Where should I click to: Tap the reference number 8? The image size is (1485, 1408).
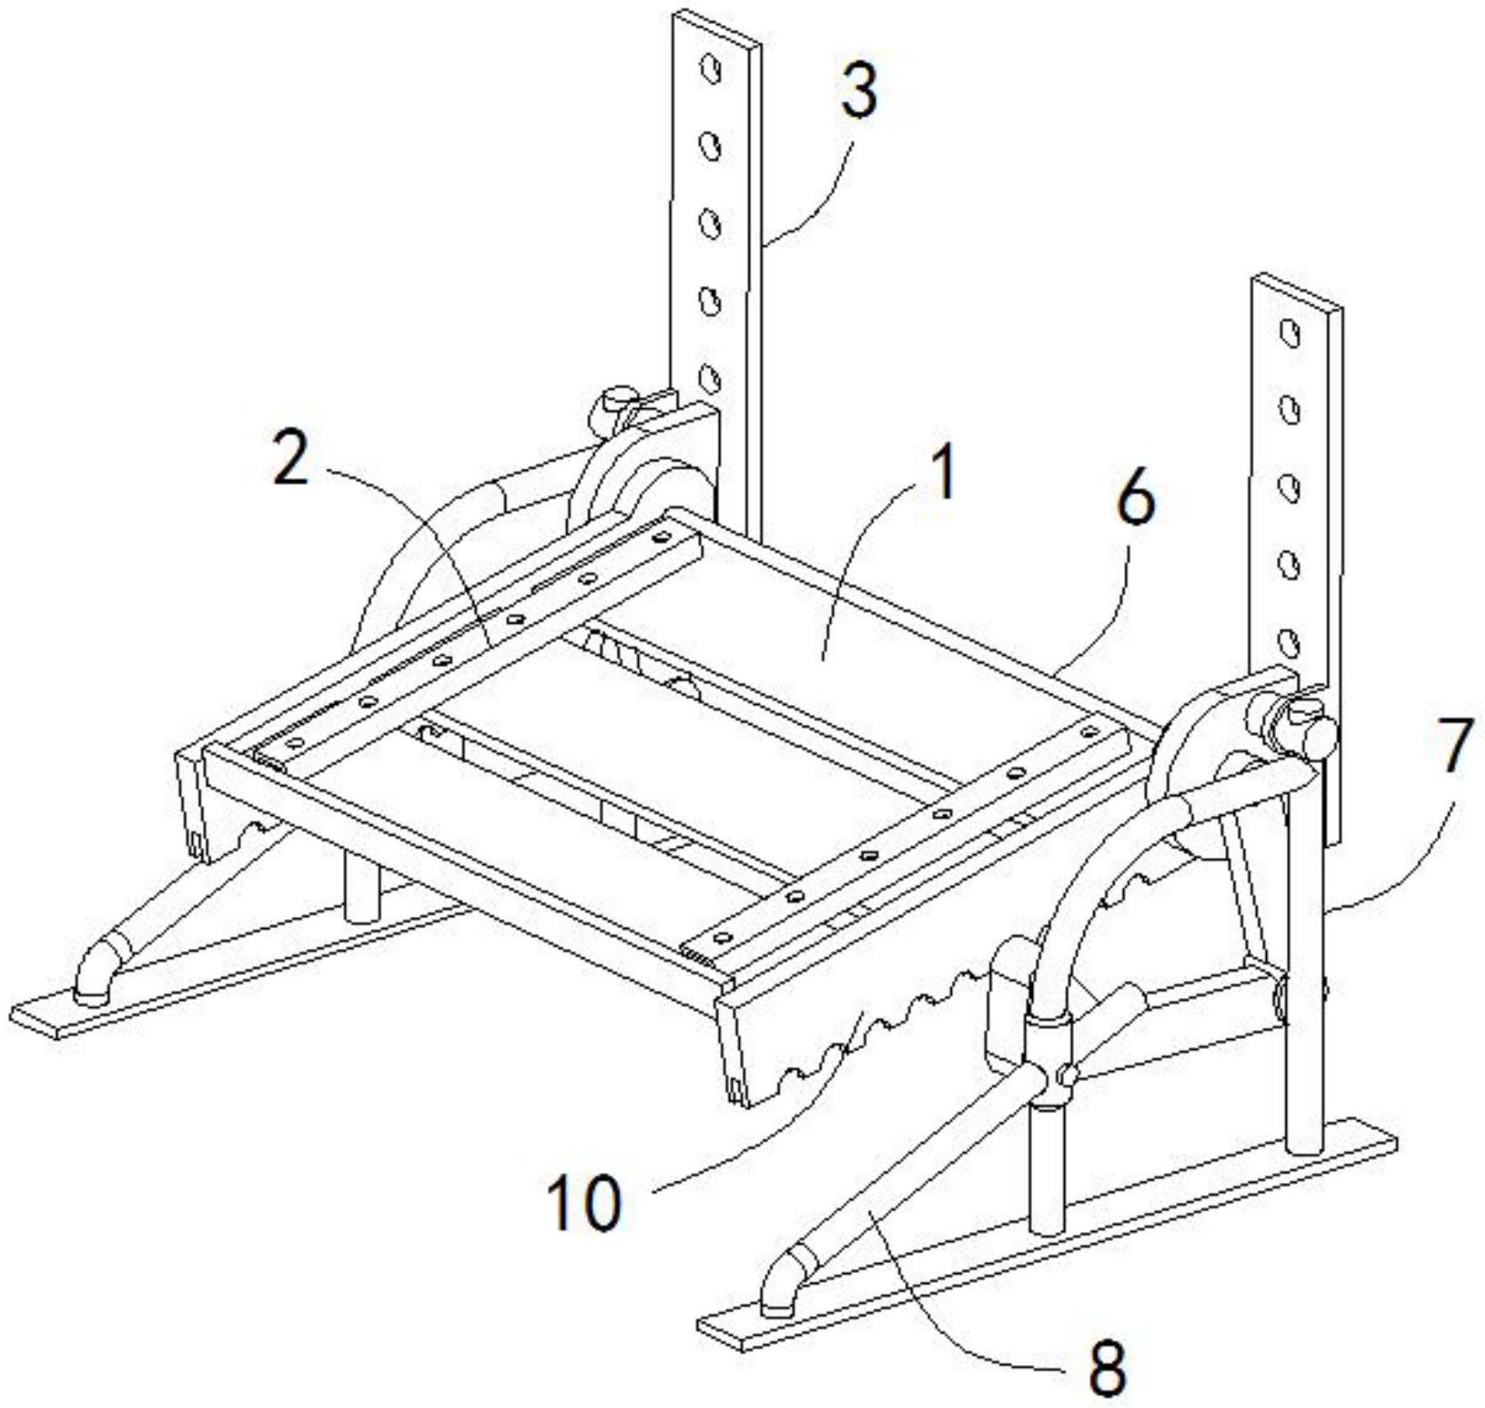(x=1108, y=1367)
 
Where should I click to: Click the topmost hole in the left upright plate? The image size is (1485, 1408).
(x=711, y=69)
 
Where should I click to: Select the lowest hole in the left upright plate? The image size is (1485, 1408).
(x=710, y=378)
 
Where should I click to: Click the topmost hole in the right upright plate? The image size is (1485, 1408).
(x=1289, y=333)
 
